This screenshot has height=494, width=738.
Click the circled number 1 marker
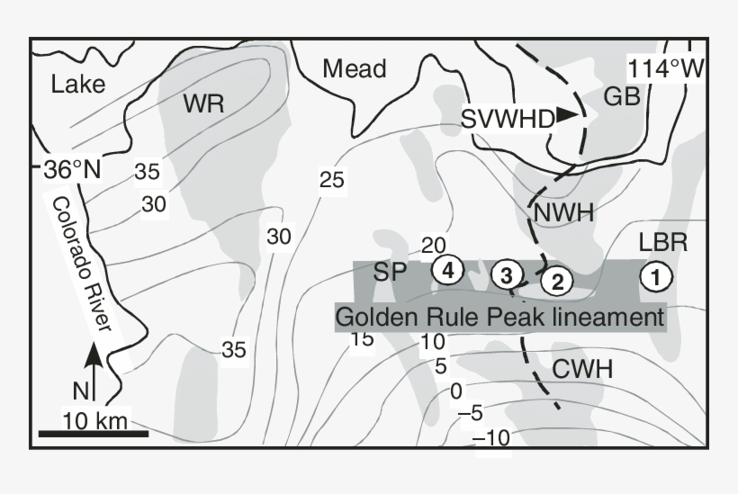pyautogui.click(x=656, y=277)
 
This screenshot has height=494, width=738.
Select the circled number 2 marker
pyautogui.click(x=557, y=282)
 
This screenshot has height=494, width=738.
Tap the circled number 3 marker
pyautogui.click(x=507, y=274)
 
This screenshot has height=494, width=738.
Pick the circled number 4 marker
pyautogui.click(x=446, y=268)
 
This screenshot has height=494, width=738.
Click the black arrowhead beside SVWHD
pyautogui.click(x=566, y=114)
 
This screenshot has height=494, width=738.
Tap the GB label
pyautogui.click(x=622, y=97)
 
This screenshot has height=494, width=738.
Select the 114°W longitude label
pyautogui.click(x=664, y=68)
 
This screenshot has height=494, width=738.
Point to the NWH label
pyautogui.click(x=563, y=213)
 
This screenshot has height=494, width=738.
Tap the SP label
pyautogui.click(x=391, y=271)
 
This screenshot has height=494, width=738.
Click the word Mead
pyautogui.click(x=354, y=68)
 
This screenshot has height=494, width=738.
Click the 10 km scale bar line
pyautogui.click(x=93, y=434)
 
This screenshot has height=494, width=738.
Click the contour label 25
pyautogui.click(x=332, y=180)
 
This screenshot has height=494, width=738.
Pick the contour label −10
pyautogui.click(x=490, y=438)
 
